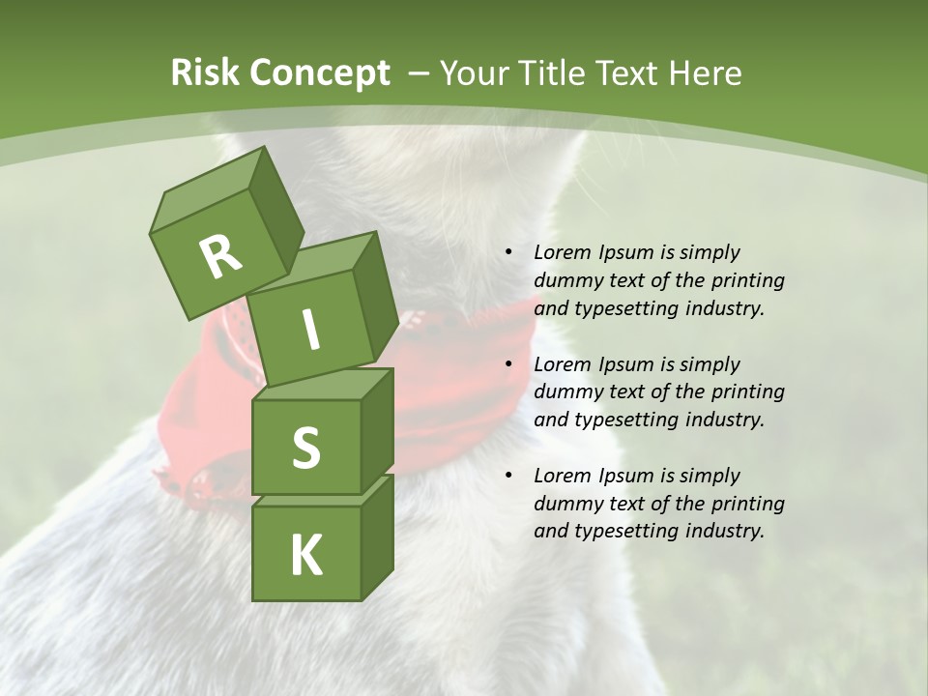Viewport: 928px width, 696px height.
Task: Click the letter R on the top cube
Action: coord(220,256)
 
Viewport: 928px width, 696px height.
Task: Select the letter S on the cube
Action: coord(305,449)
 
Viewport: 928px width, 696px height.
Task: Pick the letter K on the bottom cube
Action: coord(305,556)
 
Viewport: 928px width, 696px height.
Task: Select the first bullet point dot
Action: coord(508,253)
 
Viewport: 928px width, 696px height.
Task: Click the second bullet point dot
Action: coord(508,365)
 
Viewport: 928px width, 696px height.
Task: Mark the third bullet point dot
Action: coord(508,477)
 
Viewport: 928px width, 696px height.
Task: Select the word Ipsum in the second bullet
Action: coord(625,364)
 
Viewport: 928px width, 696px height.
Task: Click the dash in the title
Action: coord(419,73)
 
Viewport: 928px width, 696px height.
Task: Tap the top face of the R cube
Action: coord(207,187)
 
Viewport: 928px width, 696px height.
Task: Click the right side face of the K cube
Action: coord(377,536)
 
